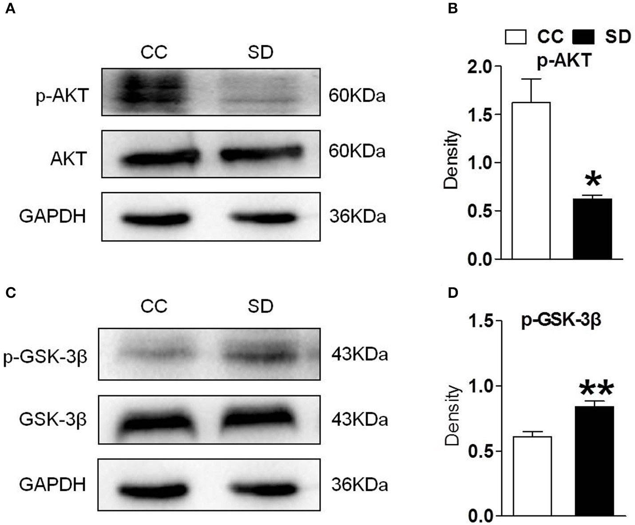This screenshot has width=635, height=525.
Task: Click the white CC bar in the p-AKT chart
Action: coord(531,181)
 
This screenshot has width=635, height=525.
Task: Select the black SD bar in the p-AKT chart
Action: coord(592,229)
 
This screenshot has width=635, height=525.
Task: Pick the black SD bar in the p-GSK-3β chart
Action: coord(594,461)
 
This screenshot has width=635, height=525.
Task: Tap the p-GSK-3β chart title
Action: coord(561,320)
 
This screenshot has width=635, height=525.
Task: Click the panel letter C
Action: coord(11,293)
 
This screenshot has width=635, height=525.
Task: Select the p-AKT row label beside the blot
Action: coord(62,95)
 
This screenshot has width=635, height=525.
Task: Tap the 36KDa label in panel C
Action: coord(359,485)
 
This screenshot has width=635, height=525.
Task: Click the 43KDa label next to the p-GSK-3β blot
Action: coord(359,355)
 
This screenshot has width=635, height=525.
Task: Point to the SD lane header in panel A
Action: coord(260,52)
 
